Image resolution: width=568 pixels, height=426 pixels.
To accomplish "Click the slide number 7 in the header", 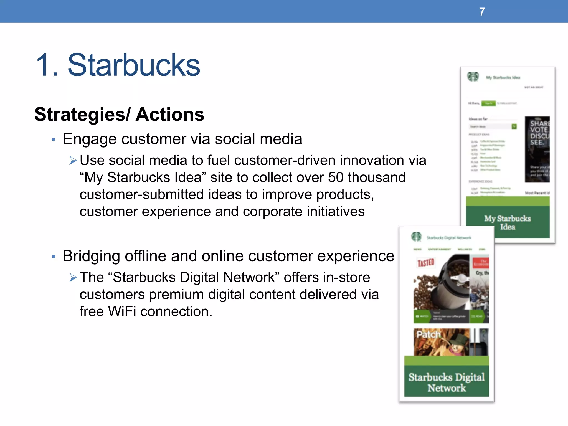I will point(482,12).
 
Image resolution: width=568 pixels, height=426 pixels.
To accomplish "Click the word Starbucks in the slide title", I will point(133,65).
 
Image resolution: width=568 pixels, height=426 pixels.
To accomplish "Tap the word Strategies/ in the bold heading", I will point(82,115).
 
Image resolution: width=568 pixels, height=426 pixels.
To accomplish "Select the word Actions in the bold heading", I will point(170,115).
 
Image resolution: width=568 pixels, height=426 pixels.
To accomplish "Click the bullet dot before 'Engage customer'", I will point(54,140).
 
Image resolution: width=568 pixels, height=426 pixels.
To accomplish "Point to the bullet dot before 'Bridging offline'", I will point(54,257).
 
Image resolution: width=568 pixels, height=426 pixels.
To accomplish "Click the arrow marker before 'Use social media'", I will point(73,161).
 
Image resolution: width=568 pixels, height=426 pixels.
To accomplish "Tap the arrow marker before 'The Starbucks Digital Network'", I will point(73,277).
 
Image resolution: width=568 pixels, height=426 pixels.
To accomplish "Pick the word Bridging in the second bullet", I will point(91,256).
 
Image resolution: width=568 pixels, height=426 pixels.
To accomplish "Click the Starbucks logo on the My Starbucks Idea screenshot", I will point(473,77).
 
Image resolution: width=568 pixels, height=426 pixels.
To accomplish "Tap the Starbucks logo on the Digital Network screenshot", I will point(416,237).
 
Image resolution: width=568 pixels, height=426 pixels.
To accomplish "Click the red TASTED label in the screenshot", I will point(426,262).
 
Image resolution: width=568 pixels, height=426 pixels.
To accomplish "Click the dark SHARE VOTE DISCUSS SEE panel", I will point(537,149).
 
